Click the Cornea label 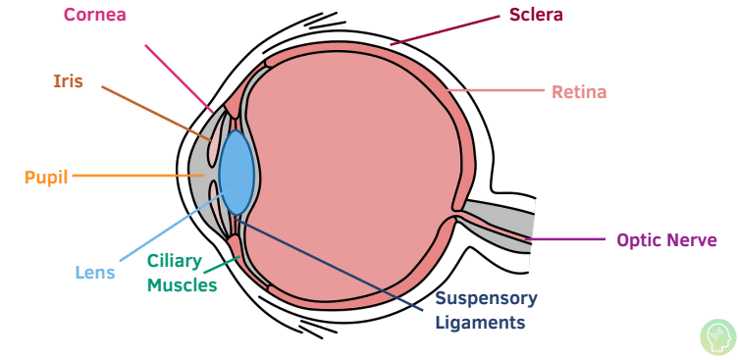(94, 15)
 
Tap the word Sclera (536, 15)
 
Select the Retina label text (579, 92)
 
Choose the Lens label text (95, 273)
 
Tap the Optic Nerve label (666, 239)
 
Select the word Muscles (183, 285)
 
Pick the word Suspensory (486, 298)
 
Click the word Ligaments (480, 322)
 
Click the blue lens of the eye (237, 172)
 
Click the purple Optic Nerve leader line (569, 239)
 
